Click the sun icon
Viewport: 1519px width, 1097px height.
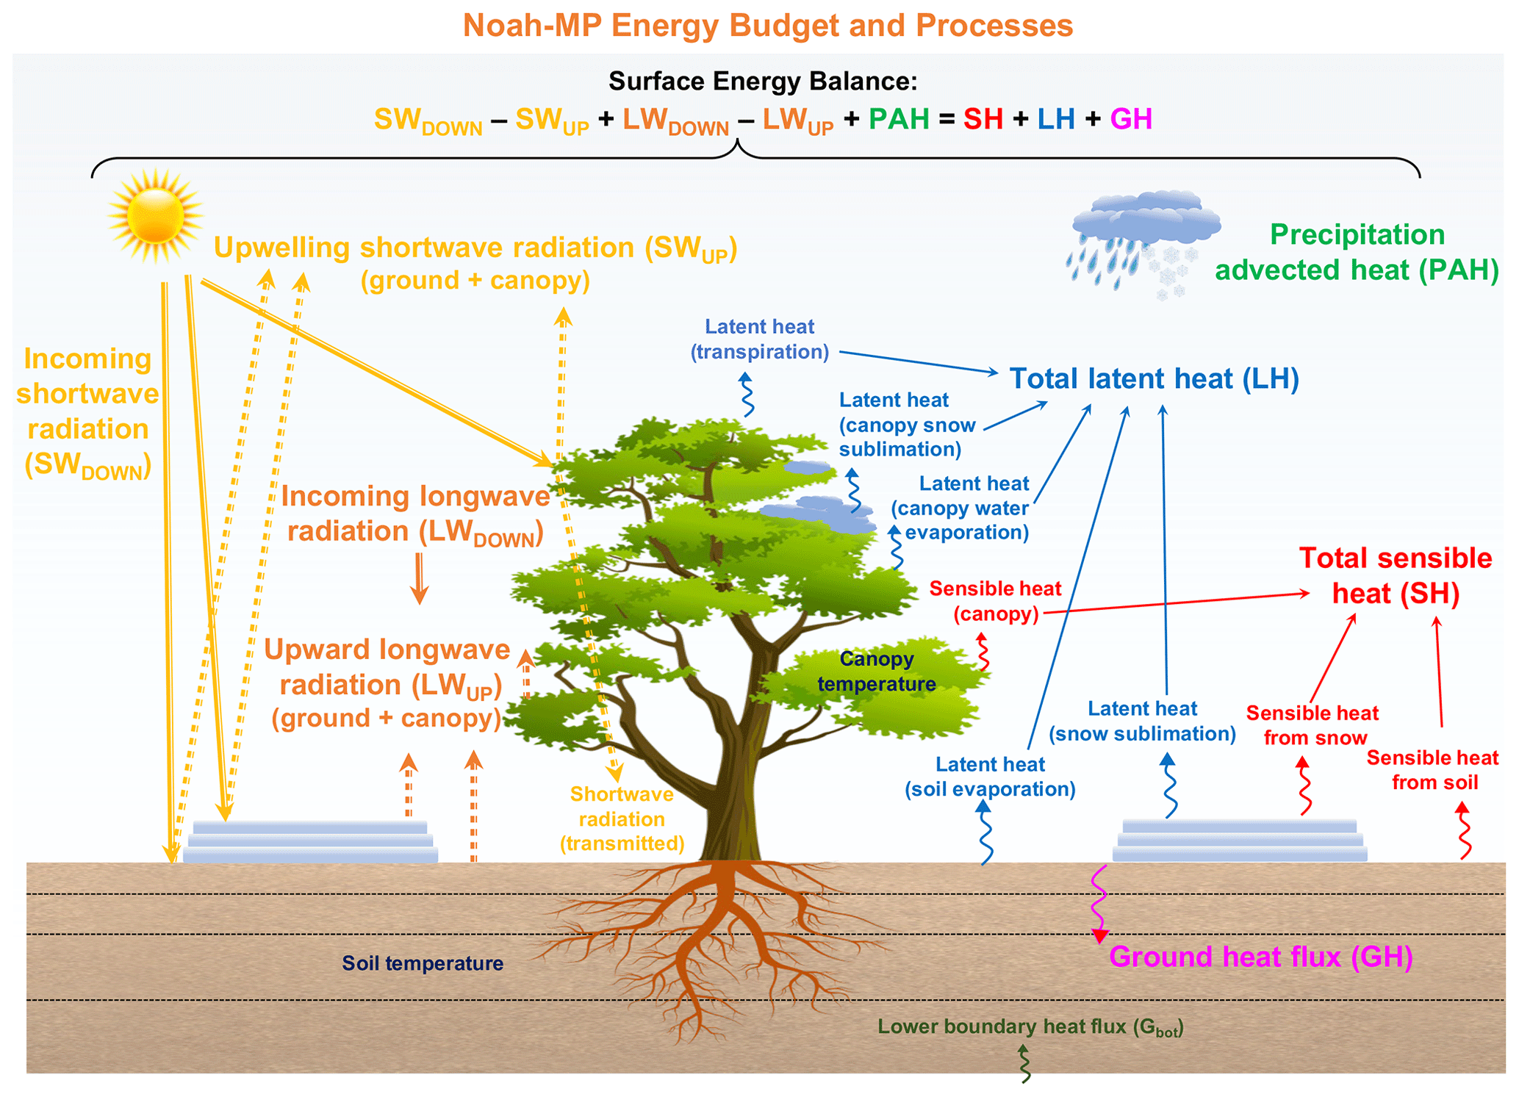pos(155,216)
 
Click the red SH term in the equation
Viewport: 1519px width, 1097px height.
pos(983,119)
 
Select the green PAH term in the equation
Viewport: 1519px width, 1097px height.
pos(899,119)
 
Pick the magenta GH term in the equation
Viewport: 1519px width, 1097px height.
pos(1131,119)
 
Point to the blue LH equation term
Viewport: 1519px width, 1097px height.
pos(1056,119)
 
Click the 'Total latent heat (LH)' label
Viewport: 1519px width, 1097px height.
pos(1154,379)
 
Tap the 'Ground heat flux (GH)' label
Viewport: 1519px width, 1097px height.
pos(1260,957)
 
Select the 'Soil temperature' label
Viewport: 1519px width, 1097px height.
pos(423,963)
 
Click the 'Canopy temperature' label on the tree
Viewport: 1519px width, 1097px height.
pos(876,672)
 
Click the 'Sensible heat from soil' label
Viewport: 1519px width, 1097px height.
pos(1432,770)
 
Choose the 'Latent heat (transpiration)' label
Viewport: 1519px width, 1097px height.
pos(759,339)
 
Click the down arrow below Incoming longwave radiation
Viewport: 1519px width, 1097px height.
pos(419,578)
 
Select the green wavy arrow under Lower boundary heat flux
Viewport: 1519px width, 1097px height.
pos(1024,1064)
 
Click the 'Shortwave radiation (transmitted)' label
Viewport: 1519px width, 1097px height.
pos(622,819)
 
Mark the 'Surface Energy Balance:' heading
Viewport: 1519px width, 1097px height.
pos(762,81)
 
